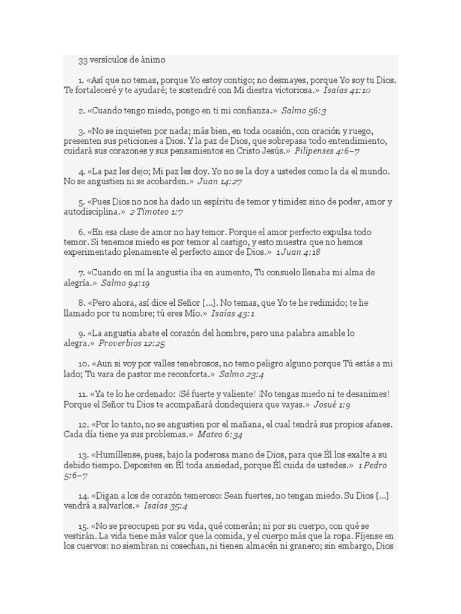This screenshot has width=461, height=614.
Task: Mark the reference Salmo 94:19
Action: click(125, 282)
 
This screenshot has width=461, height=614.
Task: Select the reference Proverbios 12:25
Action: click(131, 344)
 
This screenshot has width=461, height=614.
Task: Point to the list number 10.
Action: click(83, 364)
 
